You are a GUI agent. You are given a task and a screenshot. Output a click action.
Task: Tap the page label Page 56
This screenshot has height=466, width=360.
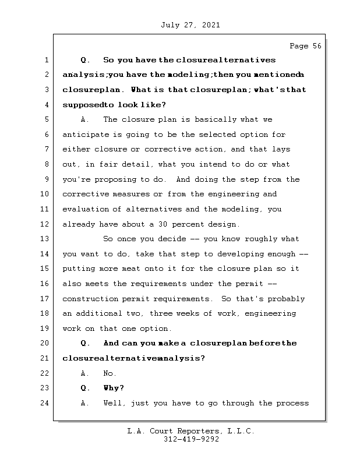305,47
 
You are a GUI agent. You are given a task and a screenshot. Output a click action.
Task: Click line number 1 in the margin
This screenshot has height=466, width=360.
47,60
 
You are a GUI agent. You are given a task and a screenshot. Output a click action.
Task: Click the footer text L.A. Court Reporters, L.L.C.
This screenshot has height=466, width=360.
190,431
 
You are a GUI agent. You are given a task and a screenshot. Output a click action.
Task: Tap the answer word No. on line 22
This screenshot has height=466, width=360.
110,373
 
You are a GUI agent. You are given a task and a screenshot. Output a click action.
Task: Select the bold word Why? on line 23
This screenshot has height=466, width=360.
114,388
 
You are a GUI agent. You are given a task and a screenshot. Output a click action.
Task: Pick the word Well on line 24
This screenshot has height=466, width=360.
113,403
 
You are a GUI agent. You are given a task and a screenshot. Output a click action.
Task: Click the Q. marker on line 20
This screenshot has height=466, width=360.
86,343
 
